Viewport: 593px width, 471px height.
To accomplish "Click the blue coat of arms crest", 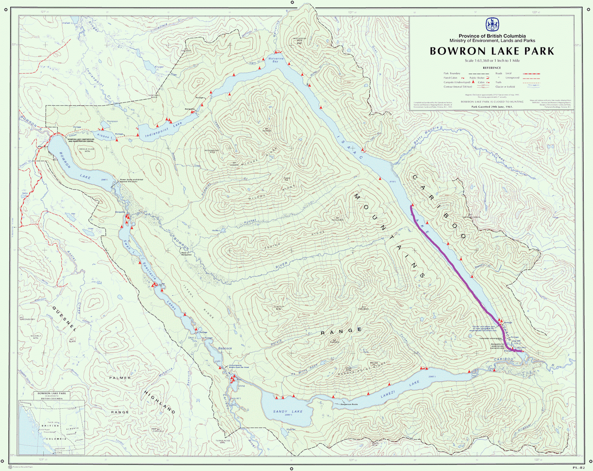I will pos(492,25).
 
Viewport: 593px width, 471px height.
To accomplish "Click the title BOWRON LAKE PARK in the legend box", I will pos(492,51).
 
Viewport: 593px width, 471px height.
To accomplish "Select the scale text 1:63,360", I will pos(479,60).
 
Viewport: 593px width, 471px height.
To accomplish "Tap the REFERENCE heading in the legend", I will pos(492,68).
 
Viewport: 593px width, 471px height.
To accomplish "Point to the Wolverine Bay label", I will pos(276,60).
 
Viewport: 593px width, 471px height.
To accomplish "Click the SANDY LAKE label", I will pos(288,412).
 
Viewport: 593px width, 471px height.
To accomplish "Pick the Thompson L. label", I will pos(112,122).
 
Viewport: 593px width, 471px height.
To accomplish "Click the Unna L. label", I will pos(241,386).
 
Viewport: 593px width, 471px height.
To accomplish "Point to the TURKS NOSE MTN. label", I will pos(223,442).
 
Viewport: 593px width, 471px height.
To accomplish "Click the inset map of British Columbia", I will pos(52,426).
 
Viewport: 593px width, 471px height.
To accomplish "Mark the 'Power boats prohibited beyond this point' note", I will pos(131,181).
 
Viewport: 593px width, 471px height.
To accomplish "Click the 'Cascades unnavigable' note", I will pos(491,338).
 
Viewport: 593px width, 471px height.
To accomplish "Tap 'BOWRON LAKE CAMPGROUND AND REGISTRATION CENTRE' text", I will pos(81,140).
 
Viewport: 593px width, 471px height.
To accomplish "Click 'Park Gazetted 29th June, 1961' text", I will pos(492,107).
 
